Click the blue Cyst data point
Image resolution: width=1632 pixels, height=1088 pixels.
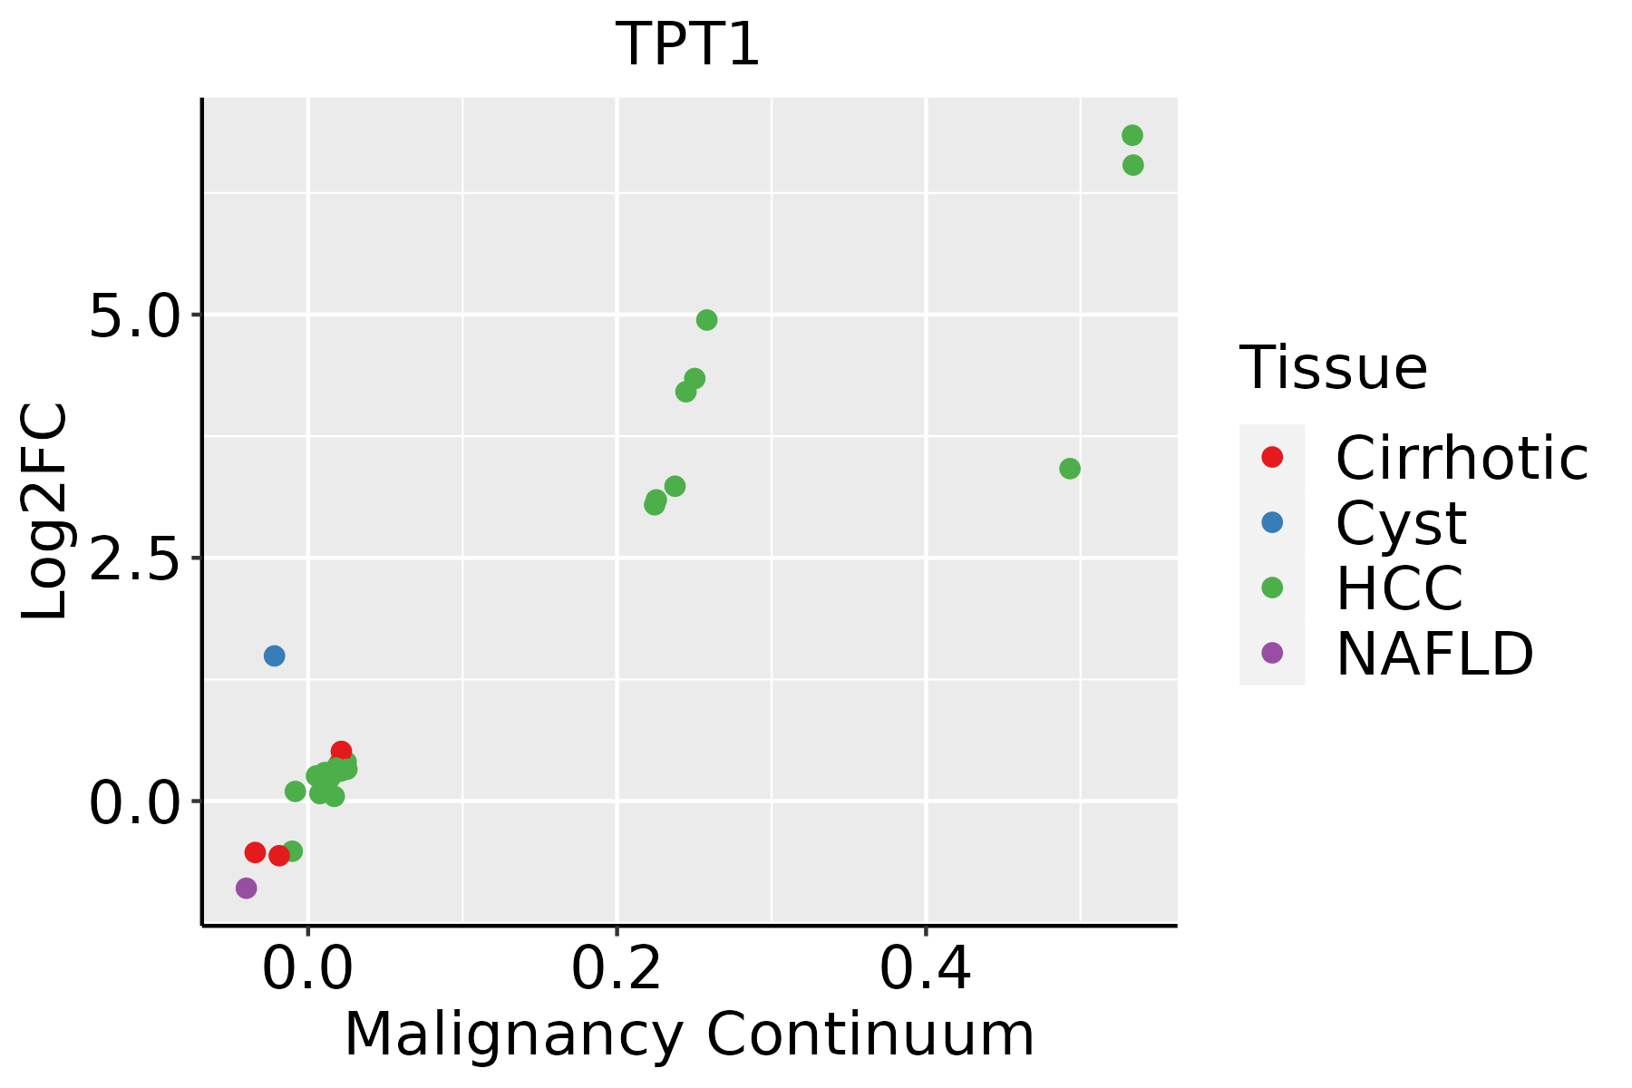point(274,656)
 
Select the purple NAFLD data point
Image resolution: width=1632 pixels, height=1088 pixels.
point(246,888)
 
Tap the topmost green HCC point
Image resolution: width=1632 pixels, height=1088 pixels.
point(1132,135)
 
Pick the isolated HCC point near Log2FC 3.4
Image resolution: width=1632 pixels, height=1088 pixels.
point(1070,469)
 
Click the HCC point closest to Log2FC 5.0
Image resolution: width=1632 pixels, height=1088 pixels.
point(706,320)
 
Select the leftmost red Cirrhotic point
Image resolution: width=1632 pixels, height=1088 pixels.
point(255,852)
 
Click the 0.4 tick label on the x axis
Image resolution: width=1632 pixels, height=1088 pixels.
point(926,968)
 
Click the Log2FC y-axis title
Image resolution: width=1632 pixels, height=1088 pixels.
point(45,512)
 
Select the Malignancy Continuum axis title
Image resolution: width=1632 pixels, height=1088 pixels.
point(689,1035)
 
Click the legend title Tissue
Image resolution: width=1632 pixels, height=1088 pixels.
point(1333,368)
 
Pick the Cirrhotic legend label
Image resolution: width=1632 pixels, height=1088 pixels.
point(1462,458)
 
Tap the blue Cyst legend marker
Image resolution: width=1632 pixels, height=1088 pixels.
point(1272,522)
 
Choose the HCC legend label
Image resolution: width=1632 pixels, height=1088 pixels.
point(1399,588)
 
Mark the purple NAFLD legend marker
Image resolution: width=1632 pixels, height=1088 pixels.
point(1272,652)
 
